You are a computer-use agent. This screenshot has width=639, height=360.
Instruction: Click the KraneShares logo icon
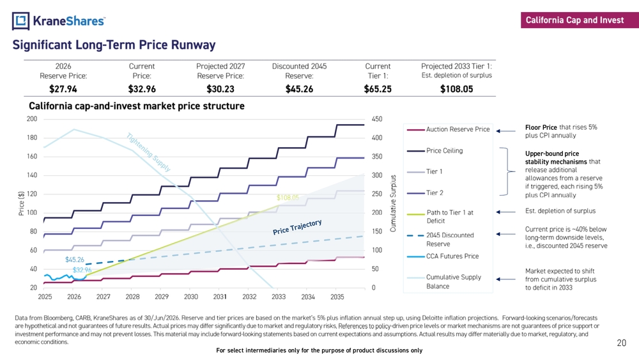click(x=21, y=21)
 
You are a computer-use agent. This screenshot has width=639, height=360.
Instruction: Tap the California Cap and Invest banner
click(x=580, y=20)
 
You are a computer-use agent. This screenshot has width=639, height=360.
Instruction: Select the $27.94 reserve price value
click(x=63, y=89)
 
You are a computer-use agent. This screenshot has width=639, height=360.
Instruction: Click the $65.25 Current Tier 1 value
click(x=378, y=89)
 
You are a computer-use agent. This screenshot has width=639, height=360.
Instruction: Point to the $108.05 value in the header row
click(x=456, y=89)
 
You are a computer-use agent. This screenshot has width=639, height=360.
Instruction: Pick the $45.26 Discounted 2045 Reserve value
click(x=299, y=89)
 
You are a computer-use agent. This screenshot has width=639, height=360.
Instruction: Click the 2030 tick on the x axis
click(x=190, y=297)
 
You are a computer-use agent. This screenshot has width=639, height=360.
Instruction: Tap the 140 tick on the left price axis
click(x=32, y=175)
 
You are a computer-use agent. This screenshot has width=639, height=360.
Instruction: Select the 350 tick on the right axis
click(x=377, y=157)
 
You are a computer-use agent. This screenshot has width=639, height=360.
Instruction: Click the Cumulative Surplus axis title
click(x=393, y=203)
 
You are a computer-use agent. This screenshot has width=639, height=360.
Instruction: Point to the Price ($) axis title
click(x=22, y=203)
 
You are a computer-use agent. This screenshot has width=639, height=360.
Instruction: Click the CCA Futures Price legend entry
click(x=443, y=256)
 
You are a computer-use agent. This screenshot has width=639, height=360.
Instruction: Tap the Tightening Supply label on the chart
click(x=148, y=152)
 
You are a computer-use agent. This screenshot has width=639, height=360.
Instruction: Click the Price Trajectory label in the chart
click(x=297, y=227)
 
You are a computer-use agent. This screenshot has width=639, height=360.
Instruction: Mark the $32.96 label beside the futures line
click(x=82, y=270)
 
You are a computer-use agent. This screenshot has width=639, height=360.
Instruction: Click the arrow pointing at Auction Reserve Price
click(x=505, y=131)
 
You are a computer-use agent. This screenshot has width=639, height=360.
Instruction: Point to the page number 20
click(x=622, y=343)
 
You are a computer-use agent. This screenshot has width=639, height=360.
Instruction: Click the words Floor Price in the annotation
click(x=541, y=127)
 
